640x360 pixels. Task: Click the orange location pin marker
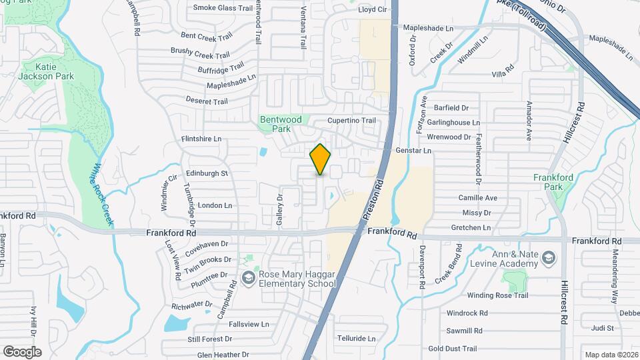[320, 159]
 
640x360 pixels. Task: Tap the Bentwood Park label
[281, 124]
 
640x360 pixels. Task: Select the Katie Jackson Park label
[45, 71]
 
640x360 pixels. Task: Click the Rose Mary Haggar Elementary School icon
[248, 277]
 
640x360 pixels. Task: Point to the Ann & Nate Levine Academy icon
[548, 257]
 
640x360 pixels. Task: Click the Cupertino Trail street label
[351, 121]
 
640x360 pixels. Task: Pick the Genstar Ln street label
[413, 151]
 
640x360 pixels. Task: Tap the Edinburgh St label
[207, 173]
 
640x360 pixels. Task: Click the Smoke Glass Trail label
[223, 8]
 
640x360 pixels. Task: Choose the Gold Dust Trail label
[453, 348]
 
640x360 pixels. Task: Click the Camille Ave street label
[477, 198]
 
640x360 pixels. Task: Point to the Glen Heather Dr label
[218, 355]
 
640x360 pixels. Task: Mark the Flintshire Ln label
[201, 139]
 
